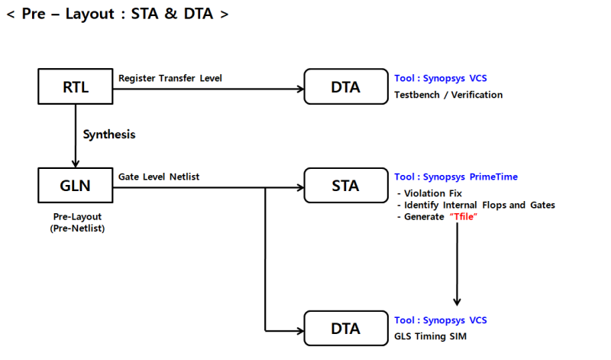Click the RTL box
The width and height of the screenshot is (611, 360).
tap(76, 86)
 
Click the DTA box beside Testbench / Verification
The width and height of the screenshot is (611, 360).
tap(344, 86)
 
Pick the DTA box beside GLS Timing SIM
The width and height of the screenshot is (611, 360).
tap(344, 329)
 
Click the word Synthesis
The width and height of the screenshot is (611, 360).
tap(109, 135)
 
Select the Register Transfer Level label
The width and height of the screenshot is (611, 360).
tap(170, 78)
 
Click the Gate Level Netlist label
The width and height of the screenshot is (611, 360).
tap(159, 177)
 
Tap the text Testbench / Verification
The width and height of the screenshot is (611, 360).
tap(448, 95)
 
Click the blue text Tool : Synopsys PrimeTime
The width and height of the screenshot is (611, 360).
tap(455, 177)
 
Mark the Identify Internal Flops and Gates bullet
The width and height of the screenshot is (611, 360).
tap(476, 205)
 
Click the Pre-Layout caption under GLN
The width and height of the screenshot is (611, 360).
tap(76, 217)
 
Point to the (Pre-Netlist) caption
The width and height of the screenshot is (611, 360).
tap(76, 229)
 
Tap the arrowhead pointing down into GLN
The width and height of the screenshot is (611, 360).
tap(76, 163)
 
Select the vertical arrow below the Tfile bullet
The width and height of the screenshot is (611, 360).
tap(457, 264)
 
